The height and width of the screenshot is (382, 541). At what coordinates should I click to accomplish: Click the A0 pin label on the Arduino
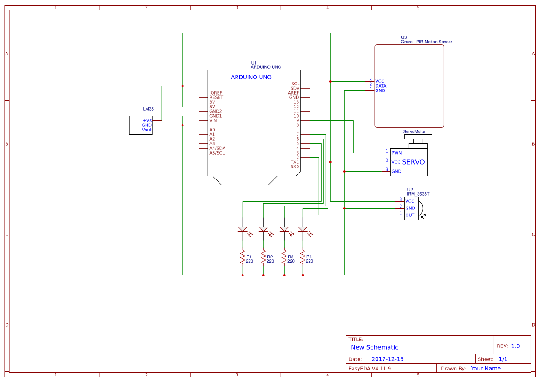pos(212,130)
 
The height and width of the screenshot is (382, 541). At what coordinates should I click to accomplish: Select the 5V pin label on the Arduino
pos(212,107)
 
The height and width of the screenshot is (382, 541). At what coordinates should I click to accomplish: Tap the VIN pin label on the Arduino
pos(213,120)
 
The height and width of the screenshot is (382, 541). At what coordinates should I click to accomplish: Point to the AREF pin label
pos(293,93)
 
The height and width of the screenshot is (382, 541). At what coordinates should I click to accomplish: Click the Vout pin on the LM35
pos(146,130)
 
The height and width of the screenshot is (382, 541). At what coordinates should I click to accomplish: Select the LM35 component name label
pos(148,109)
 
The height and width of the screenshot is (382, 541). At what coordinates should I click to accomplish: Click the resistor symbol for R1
pos(242,257)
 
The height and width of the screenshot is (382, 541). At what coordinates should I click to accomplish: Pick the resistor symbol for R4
pos(303,257)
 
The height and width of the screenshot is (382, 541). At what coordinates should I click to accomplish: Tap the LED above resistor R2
pos(263,229)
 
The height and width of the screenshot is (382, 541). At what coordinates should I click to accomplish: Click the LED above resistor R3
pos(284,229)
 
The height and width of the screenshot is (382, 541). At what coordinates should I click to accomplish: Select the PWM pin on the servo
pos(396,153)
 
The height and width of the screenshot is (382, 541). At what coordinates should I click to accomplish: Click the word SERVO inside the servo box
pos(413,162)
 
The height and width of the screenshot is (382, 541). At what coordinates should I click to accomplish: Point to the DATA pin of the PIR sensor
pos(381,86)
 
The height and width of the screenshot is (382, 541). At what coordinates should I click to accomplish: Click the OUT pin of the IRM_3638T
pos(410,215)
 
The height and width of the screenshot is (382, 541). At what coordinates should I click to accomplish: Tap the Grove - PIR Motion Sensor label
pos(426,42)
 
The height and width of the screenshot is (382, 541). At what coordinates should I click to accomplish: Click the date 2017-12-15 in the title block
pos(387,359)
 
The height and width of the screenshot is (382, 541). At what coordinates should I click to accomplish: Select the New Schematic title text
pos(374,347)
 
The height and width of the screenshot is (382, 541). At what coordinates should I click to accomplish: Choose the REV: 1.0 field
pos(508,346)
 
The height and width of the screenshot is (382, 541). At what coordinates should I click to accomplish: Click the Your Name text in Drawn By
pos(486,368)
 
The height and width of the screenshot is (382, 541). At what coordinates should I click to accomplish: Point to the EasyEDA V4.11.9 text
pos(370,368)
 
